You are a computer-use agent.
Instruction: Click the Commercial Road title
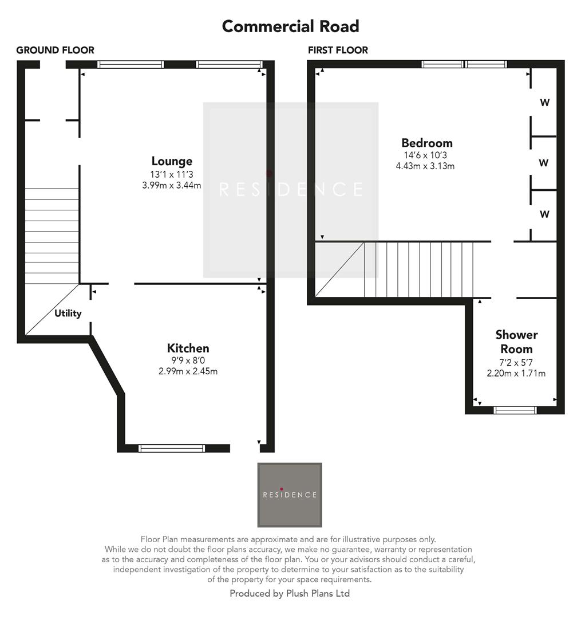click(x=290, y=26)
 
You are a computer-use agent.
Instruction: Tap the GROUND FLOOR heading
click(x=55, y=50)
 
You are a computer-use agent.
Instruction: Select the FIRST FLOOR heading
click(x=338, y=50)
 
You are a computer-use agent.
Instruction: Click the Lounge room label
click(x=172, y=161)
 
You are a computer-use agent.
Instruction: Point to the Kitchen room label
click(x=188, y=348)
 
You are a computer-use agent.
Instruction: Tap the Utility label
click(x=68, y=314)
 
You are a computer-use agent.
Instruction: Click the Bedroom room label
click(x=426, y=143)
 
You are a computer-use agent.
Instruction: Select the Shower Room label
click(x=516, y=342)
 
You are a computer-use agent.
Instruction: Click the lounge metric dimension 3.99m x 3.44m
click(x=172, y=185)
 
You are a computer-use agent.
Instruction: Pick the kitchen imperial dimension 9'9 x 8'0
click(x=188, y=361)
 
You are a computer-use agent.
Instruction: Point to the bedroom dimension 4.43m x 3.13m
click(x=425, y=166)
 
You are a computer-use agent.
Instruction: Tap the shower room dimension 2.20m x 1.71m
click(x=516, y=374)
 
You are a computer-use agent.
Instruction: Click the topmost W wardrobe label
click(x=544, y=103)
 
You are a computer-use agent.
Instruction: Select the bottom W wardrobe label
click(x=544, y=214)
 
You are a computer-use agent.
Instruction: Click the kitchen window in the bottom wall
click(x=172, y=448)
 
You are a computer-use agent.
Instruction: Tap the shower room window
click(x=515, y=410)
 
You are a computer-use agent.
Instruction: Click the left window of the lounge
click(x=131, y=65)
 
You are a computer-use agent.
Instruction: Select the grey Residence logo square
click(x=290, y=495)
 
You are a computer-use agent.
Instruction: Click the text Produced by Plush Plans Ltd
click(x=290, y=594)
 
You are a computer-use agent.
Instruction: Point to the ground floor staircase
click(x=52, y=235)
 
